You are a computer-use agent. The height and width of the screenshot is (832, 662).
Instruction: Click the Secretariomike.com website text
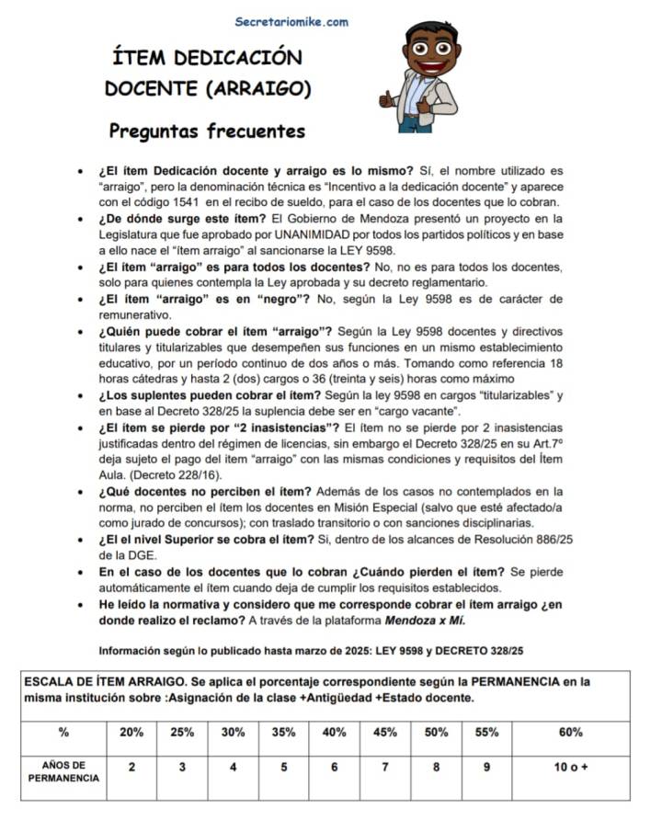point(291,21)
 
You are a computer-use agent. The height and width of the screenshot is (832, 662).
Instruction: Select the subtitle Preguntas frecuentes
point(207,131)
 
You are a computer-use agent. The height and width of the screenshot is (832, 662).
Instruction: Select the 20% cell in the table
point(131,733)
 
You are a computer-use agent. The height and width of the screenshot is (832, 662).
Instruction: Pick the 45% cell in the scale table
point(385,733)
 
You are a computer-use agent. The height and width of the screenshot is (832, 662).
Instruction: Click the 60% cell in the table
point(570,733)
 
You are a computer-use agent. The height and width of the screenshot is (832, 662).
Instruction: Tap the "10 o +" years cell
point(570,767)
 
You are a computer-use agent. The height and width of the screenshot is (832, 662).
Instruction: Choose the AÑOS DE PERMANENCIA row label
point(63,772)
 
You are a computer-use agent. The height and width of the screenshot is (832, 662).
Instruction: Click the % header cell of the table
point(63,733)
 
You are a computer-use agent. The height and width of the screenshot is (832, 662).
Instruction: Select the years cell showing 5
point(283,767)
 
